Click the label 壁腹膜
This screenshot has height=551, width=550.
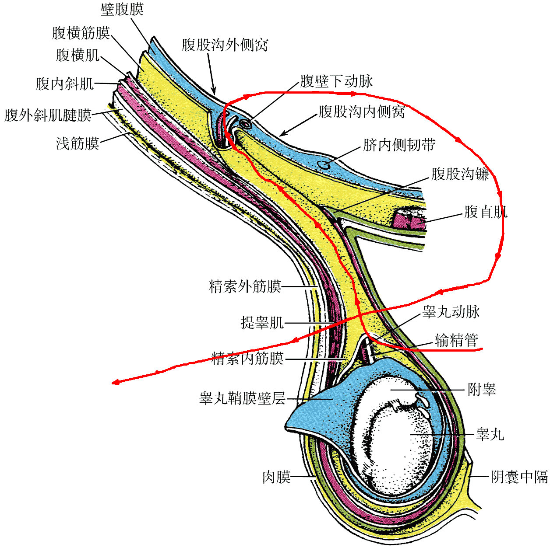[122, 9]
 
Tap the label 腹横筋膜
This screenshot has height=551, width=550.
[81, 32]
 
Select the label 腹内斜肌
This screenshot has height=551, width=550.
[65, 84]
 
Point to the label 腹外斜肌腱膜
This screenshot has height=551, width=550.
[48, 115]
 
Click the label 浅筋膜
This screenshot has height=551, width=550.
[78, 143]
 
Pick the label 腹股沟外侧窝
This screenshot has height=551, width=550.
[225, 45]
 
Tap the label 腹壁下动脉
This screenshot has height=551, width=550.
[336, 81]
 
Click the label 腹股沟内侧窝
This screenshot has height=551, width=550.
[361, 112]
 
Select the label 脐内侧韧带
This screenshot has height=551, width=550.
[399, 145]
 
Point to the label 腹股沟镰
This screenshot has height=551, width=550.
[460, 174]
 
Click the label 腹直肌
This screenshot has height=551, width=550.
[486, 213]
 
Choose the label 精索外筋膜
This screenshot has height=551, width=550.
[245, 287]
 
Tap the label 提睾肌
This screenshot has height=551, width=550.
[262, 323]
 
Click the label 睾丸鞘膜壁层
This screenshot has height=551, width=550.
[242, 398]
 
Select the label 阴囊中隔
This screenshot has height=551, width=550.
[519, 477]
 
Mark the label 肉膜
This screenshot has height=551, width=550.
[276, 477]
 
